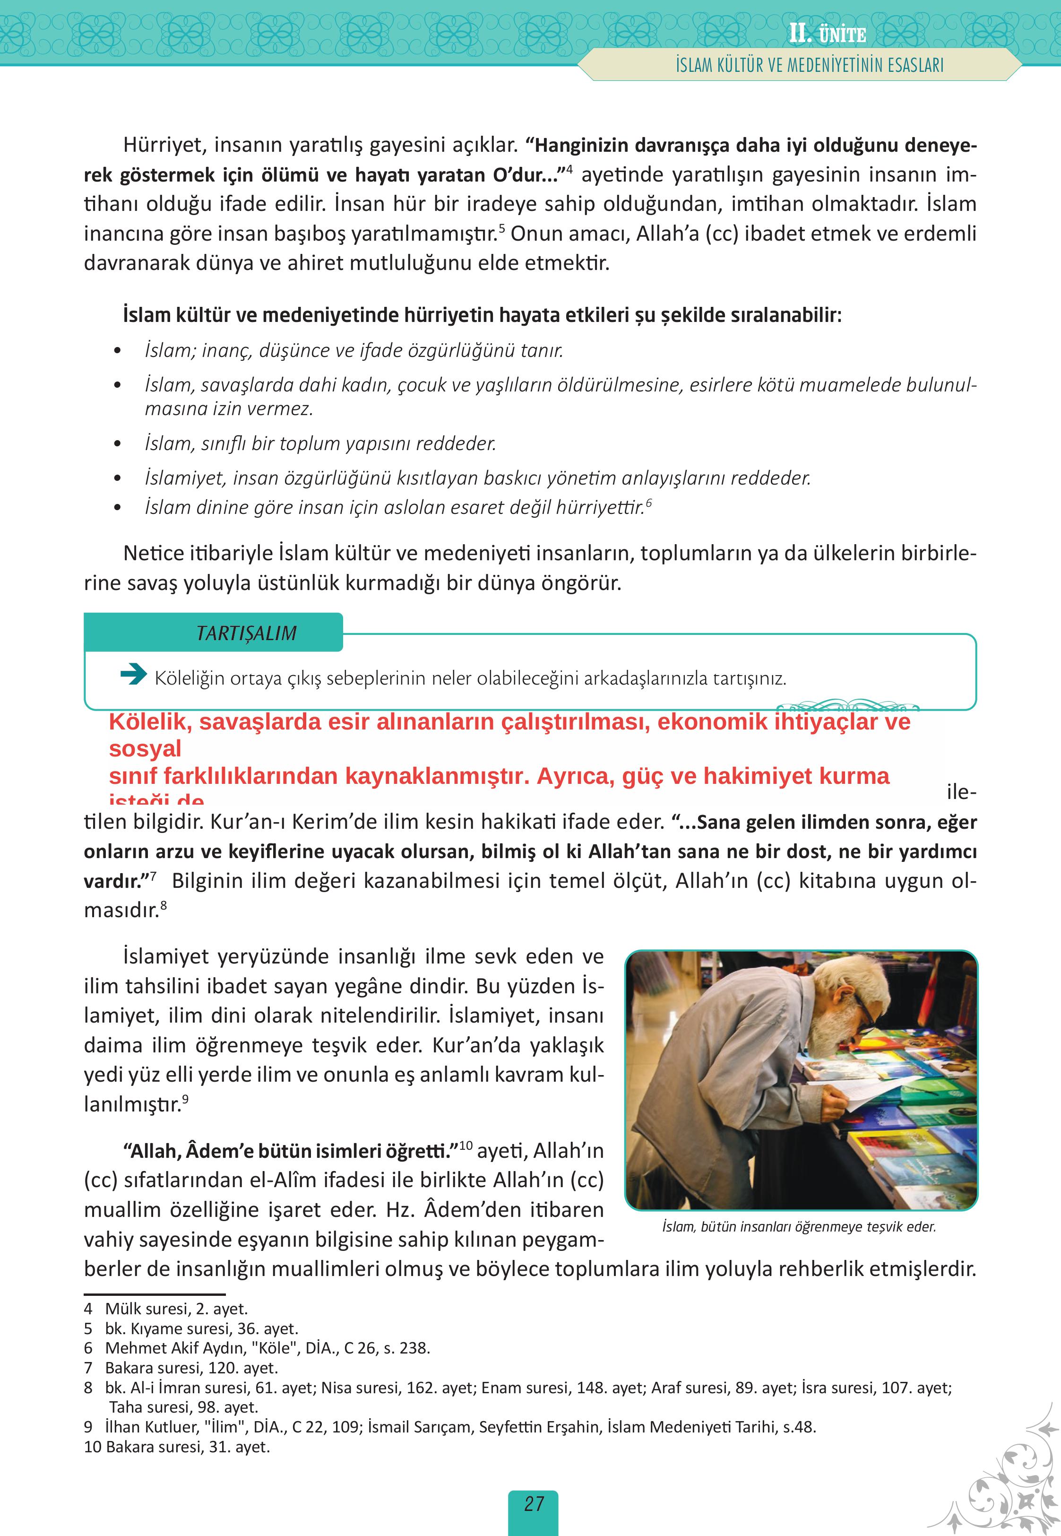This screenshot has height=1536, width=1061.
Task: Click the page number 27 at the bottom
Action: pos(533,1504)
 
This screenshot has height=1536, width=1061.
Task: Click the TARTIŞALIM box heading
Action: pos(246,633)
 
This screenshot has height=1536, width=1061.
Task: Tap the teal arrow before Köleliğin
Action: pos(134,675)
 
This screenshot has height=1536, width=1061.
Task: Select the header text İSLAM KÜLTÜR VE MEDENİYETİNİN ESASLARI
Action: pos(809,66)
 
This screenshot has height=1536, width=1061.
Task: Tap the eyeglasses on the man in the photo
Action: pos(864,1018)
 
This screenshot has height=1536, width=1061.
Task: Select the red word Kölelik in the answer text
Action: pos(150,721)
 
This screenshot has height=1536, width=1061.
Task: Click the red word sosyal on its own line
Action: pos(145,749)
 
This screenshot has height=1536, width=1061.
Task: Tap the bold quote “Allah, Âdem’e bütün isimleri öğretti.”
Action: pos(291,1150)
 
